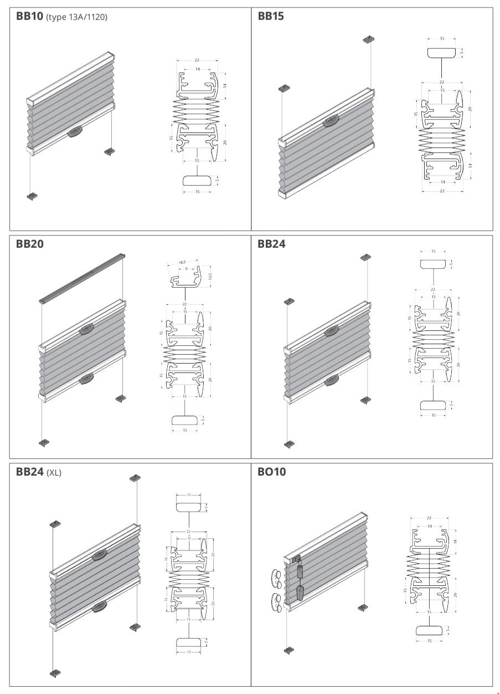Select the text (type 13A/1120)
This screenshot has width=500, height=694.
point(77,17)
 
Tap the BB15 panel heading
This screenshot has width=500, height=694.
point(271,16)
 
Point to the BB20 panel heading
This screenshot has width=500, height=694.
point(29,244)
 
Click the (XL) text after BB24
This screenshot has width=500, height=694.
point(54,473)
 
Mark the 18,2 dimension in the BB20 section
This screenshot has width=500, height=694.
point(182,262)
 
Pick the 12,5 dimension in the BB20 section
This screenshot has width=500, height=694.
point(210,275)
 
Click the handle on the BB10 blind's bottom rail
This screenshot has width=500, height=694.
point(75,131)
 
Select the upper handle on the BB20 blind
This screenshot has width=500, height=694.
point(87,329)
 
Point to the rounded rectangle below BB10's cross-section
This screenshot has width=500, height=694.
point(197,181)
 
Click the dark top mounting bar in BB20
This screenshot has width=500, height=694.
point(83,277)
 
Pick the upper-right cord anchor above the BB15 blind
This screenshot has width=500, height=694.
point(369,39)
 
